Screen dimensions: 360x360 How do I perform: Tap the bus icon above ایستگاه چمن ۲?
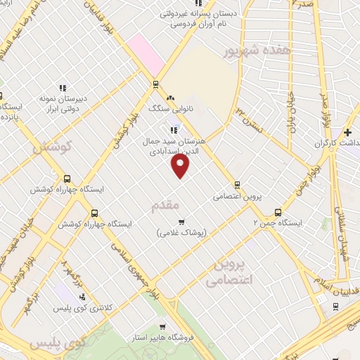pyautogui.click(x=278, y=212)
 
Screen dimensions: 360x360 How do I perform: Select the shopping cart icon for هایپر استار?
pyautogui.click(x=162, y=327)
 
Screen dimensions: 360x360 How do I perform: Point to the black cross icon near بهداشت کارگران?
pyautogui.click(x=347, y=132)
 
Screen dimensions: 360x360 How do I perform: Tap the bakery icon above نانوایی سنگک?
pyautogui.click(x=169, y=98)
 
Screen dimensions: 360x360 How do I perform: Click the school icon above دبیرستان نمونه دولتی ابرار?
pyautogui.click(x=63, y=89)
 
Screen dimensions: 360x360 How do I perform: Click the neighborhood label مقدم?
pyautogui.click(x=167, y=205)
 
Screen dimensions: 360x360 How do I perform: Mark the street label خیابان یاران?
pyautogui.click(x=290, y=113)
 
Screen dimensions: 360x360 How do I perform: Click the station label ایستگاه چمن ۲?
pyautogui.click(x=277, y=223)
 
